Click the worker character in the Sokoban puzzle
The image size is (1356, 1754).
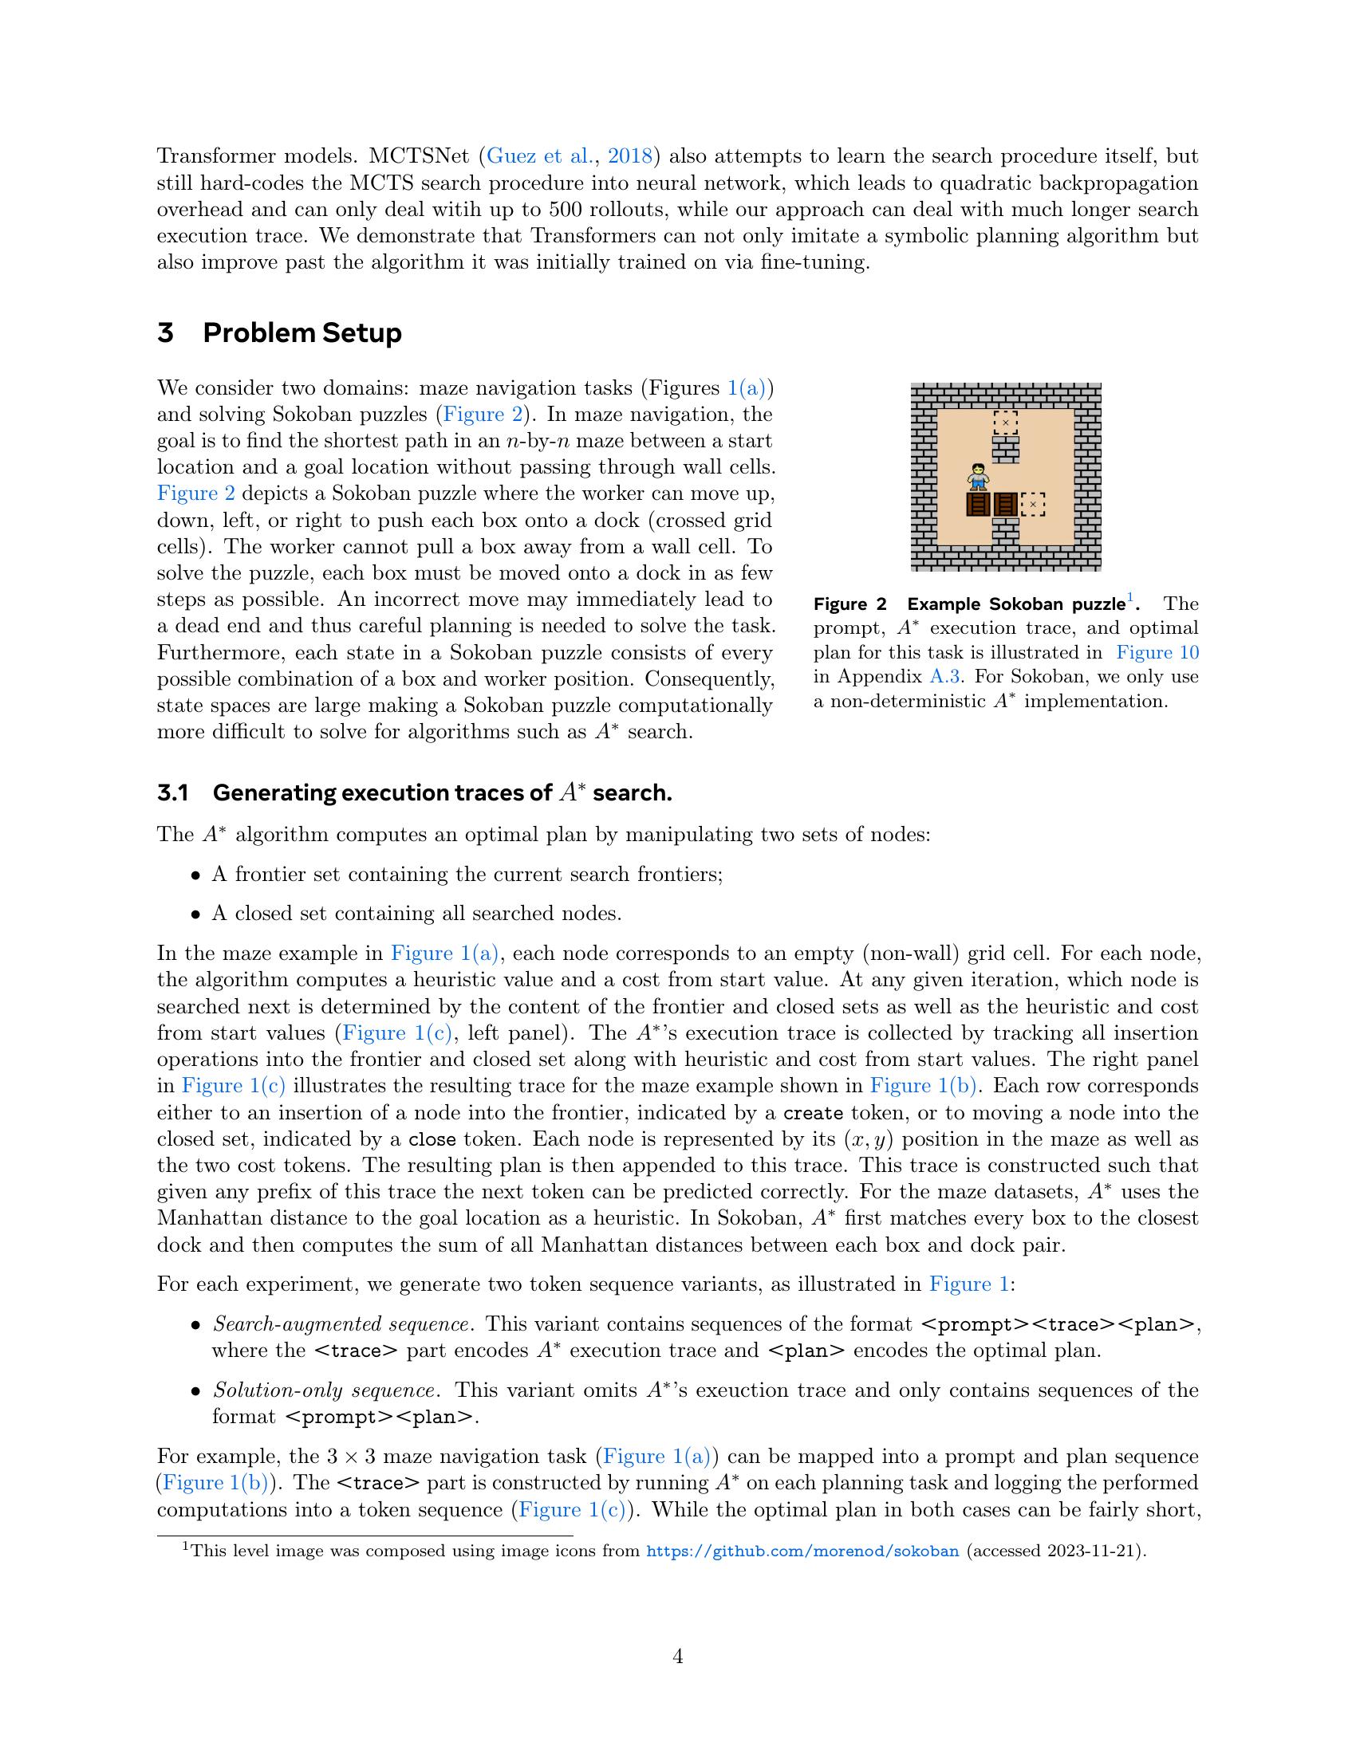click(x=978, y=476)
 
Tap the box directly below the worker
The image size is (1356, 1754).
click(x=978, y=505)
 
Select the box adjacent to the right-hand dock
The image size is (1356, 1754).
click(x=1005, y=505)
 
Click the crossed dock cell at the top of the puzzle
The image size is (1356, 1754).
click(x=1005, y=422)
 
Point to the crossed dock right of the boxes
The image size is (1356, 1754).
click(x=1033, y=505)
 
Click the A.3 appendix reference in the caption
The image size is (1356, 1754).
click(x=944, y=676)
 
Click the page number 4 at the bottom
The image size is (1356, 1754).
click(x=677, y=1657)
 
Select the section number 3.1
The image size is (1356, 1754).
click(x=173, y=793)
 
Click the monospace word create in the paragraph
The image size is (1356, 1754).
click(x=813, y=1113)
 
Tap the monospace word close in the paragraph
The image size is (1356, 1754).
click(x=432, y=1139)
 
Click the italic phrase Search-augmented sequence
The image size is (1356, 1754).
click(x=341, y=1324)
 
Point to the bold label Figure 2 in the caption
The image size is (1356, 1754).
click(x=850, y=604)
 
